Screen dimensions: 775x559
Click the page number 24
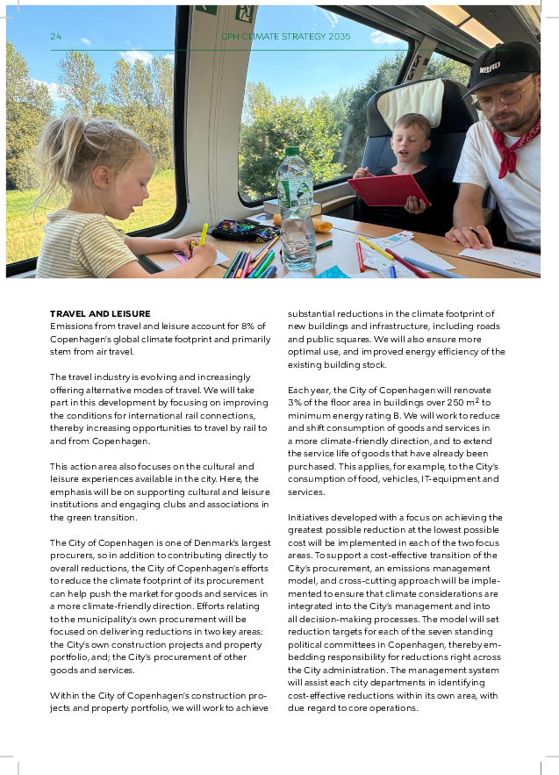pyautogui.click(x=55, y=37)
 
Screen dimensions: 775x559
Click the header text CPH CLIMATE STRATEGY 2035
pyautogui.click(x=285, y=37)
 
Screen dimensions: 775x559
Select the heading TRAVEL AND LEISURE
pyautogui.click(x=100, y=313)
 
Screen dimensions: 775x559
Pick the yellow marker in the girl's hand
pyautogui.click(x=204, y=235)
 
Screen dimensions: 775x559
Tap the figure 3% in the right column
pyautogui.click(x=295, y=402)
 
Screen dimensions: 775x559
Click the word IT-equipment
pyautogui.click(x=434, y=479)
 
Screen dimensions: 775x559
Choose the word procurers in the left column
pyautogui.click(x=71, y=556)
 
